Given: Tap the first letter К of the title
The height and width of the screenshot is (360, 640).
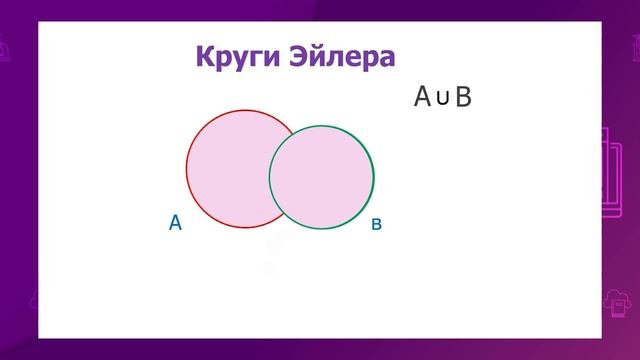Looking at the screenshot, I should coord(204,55).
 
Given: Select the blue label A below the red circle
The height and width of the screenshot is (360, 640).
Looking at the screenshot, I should coord(175,223).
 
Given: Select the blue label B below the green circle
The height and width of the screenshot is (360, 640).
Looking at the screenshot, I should coord(377,225).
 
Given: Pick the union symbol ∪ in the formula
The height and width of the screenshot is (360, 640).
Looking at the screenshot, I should coord(442,97).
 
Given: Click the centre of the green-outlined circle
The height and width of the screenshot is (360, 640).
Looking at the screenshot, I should coord(321,177).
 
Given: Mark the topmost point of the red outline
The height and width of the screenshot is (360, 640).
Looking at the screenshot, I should coord(244,110).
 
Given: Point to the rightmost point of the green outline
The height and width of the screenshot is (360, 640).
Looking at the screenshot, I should coord(374,177).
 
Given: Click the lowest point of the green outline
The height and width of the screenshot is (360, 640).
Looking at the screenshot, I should coord(321,229).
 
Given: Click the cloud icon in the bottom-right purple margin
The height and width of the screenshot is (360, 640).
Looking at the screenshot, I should coord(615,301).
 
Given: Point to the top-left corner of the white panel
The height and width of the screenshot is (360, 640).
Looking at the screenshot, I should coord(39,23).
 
